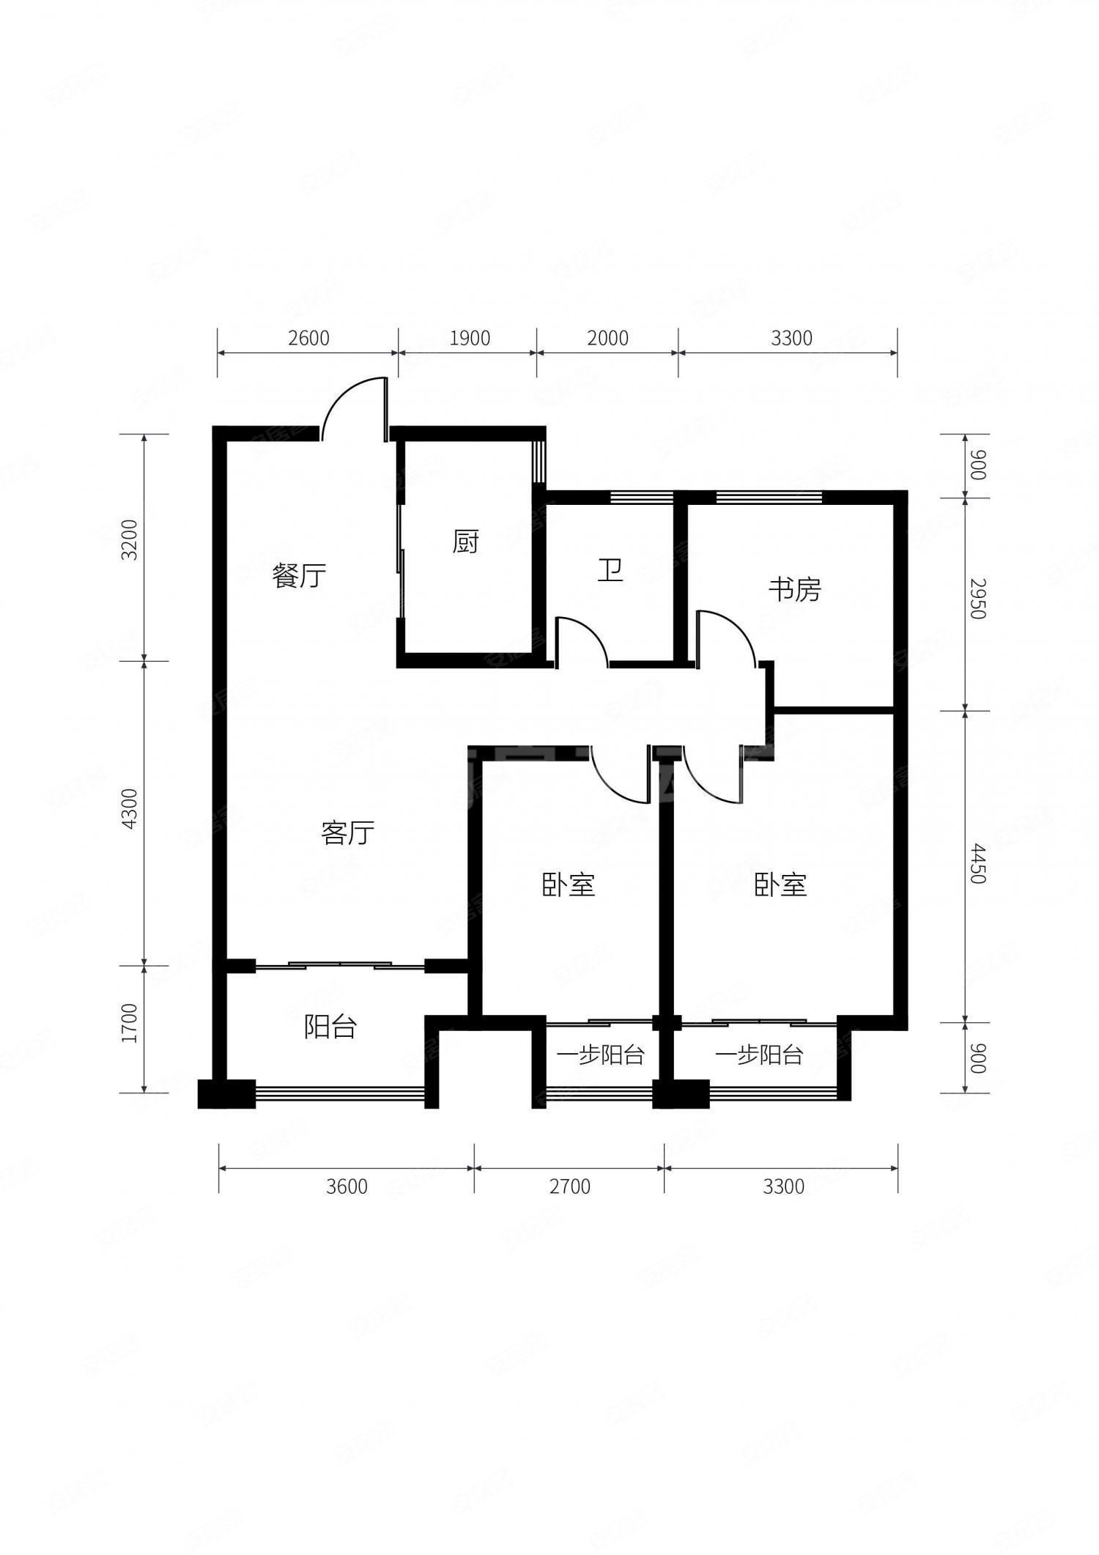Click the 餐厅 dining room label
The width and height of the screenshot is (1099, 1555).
[x=299, y=575]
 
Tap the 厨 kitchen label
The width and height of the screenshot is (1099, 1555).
[x=465, y=542]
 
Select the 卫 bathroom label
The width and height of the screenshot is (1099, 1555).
[x=610, y=570]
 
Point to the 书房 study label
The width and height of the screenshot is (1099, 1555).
[x=795, y=589]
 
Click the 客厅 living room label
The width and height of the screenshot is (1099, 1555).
[x=347, y=833]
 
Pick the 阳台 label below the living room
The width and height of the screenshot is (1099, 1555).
[x=330, y=1027]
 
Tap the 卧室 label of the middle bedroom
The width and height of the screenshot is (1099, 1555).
[x=569, y=884]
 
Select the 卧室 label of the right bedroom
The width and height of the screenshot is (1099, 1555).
[x=781, y=884]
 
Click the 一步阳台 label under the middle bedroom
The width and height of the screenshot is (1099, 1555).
[x=600, y=1055]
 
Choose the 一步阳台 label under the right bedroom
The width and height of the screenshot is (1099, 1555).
[x=760, y=1055]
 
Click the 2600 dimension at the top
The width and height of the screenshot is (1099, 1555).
[x=308, y=338]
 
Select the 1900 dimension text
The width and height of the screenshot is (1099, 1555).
[x=469, y=338]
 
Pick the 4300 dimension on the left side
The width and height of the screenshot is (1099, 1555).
[x=130, y=808]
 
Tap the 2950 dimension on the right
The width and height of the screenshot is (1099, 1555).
[x=977, y=599]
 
